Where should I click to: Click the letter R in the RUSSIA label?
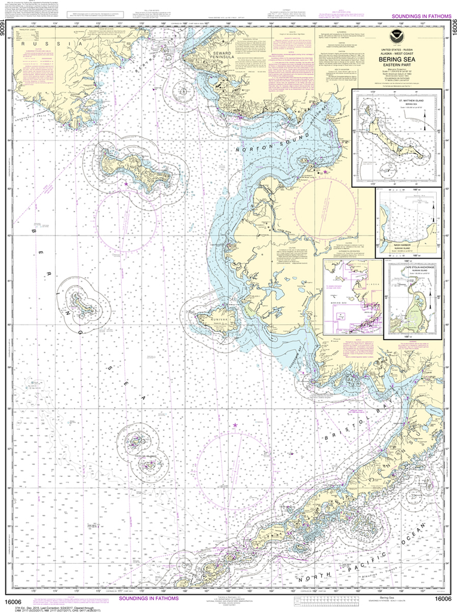pos(20,44)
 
